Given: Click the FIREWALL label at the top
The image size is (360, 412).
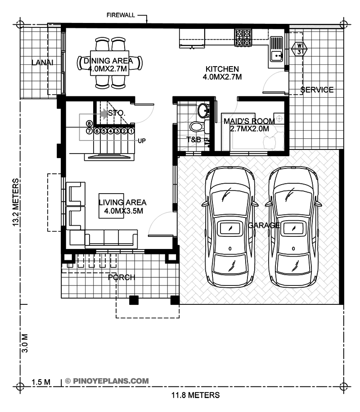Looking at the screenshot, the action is coord(121,15).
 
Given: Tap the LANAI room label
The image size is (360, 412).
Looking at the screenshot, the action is coord(42,63).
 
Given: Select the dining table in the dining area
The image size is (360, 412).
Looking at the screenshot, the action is coord(109,63).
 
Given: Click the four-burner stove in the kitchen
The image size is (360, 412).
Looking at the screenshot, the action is coord(243,37).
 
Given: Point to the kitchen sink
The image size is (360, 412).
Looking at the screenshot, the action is coord(276,49).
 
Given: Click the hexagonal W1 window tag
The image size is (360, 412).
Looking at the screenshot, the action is coord(299,49).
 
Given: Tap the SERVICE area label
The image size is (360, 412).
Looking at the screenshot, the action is coord(317,90).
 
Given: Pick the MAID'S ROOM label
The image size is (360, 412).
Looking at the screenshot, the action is coord(249,121).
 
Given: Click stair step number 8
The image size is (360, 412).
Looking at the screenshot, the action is coord(89,124).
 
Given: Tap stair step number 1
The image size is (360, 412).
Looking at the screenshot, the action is coord(131,131).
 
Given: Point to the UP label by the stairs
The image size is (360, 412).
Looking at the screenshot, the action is coord(142,141).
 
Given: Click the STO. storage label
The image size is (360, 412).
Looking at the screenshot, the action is coord(117,113).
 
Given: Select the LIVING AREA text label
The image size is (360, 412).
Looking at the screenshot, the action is coord(122,203).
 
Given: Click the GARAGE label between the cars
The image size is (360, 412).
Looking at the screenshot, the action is coord(264,225).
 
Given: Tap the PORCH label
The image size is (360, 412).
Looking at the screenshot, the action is coord(121,277).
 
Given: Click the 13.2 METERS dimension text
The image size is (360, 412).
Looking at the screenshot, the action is coord(16,202).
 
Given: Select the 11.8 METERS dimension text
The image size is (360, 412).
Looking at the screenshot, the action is coord(196,395).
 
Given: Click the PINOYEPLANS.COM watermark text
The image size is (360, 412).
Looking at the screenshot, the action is coord(111,381).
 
